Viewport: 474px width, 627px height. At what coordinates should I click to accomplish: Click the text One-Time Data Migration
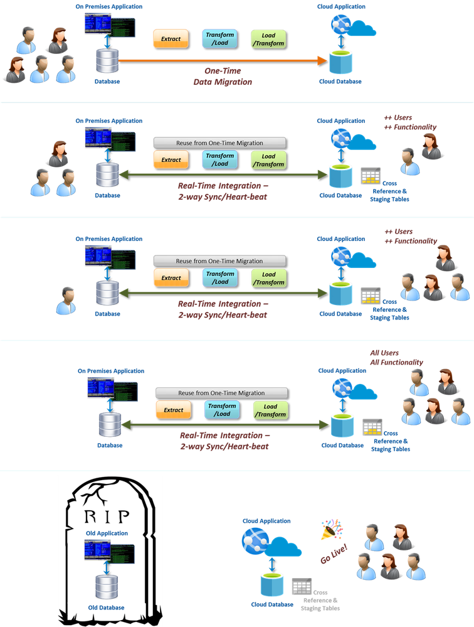223,76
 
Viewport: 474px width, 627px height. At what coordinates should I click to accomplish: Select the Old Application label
107,533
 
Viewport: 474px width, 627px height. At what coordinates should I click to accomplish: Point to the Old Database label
107,608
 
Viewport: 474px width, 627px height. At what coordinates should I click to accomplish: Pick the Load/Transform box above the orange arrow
268,39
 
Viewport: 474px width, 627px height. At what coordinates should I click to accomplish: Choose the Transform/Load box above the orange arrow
220,38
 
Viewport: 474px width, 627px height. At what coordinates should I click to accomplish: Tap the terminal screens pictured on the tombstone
107,553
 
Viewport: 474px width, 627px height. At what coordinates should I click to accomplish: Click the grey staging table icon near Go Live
302,587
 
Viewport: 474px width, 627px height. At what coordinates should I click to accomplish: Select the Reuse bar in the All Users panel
221,392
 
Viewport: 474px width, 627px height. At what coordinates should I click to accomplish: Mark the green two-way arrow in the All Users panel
225,425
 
